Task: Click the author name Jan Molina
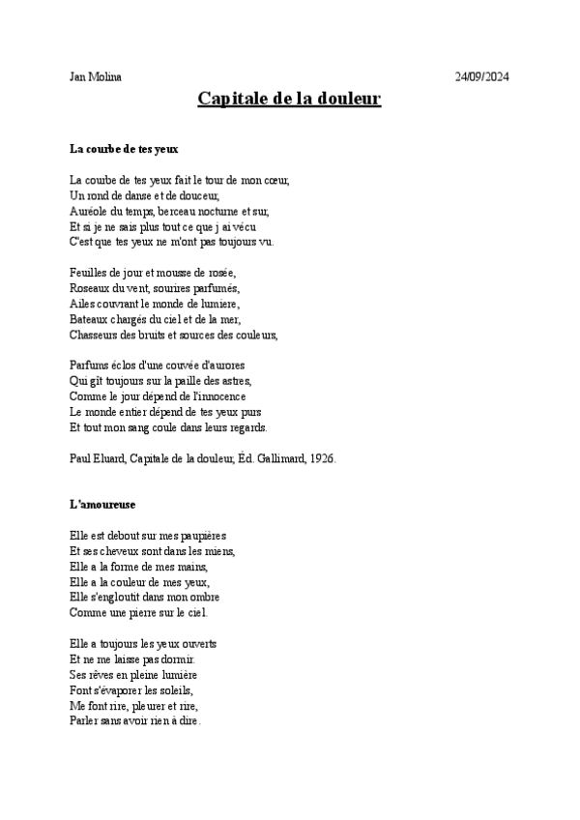pos(96,77)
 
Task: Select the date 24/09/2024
pos(481,77)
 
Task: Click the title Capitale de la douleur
pos(289,99)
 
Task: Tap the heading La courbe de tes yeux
pos(125,149)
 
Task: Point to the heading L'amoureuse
pos(102,505)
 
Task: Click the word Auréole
pos(90,211)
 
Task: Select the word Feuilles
pos(90,273)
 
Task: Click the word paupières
pos(204,536)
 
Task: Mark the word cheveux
pos(120,551)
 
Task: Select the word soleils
pos(173,690)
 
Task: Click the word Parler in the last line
pos(85,721)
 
